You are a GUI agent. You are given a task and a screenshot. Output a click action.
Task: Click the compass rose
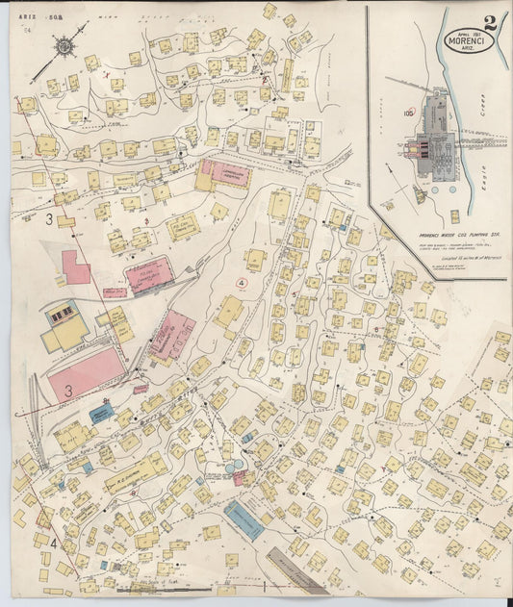point(64,44)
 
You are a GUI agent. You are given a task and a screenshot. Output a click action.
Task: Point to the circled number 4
point(241,283)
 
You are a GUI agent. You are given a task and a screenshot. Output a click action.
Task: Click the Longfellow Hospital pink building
point(223,174)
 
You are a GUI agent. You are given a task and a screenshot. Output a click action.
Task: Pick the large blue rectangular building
point(244,520)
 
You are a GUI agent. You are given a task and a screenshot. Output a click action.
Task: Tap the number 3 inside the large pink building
point(68,391)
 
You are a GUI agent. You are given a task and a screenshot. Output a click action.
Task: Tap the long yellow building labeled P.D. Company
point(136,472)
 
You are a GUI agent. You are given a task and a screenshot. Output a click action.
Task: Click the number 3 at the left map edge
point(49,219)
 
